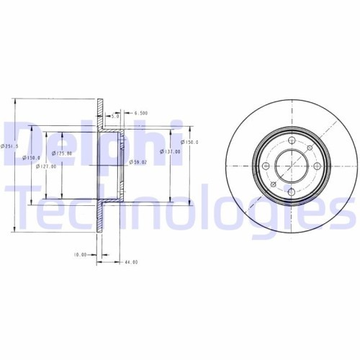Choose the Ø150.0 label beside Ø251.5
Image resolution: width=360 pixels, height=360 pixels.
[x=30, y=157]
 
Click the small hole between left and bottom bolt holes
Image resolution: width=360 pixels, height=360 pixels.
[x=273, y=184]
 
